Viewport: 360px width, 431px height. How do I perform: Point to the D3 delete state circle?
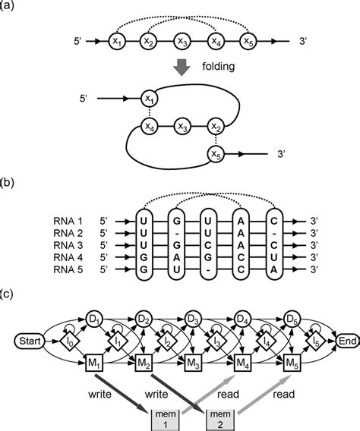coord(193,317)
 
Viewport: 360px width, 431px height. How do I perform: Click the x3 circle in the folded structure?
coord(182,125)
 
